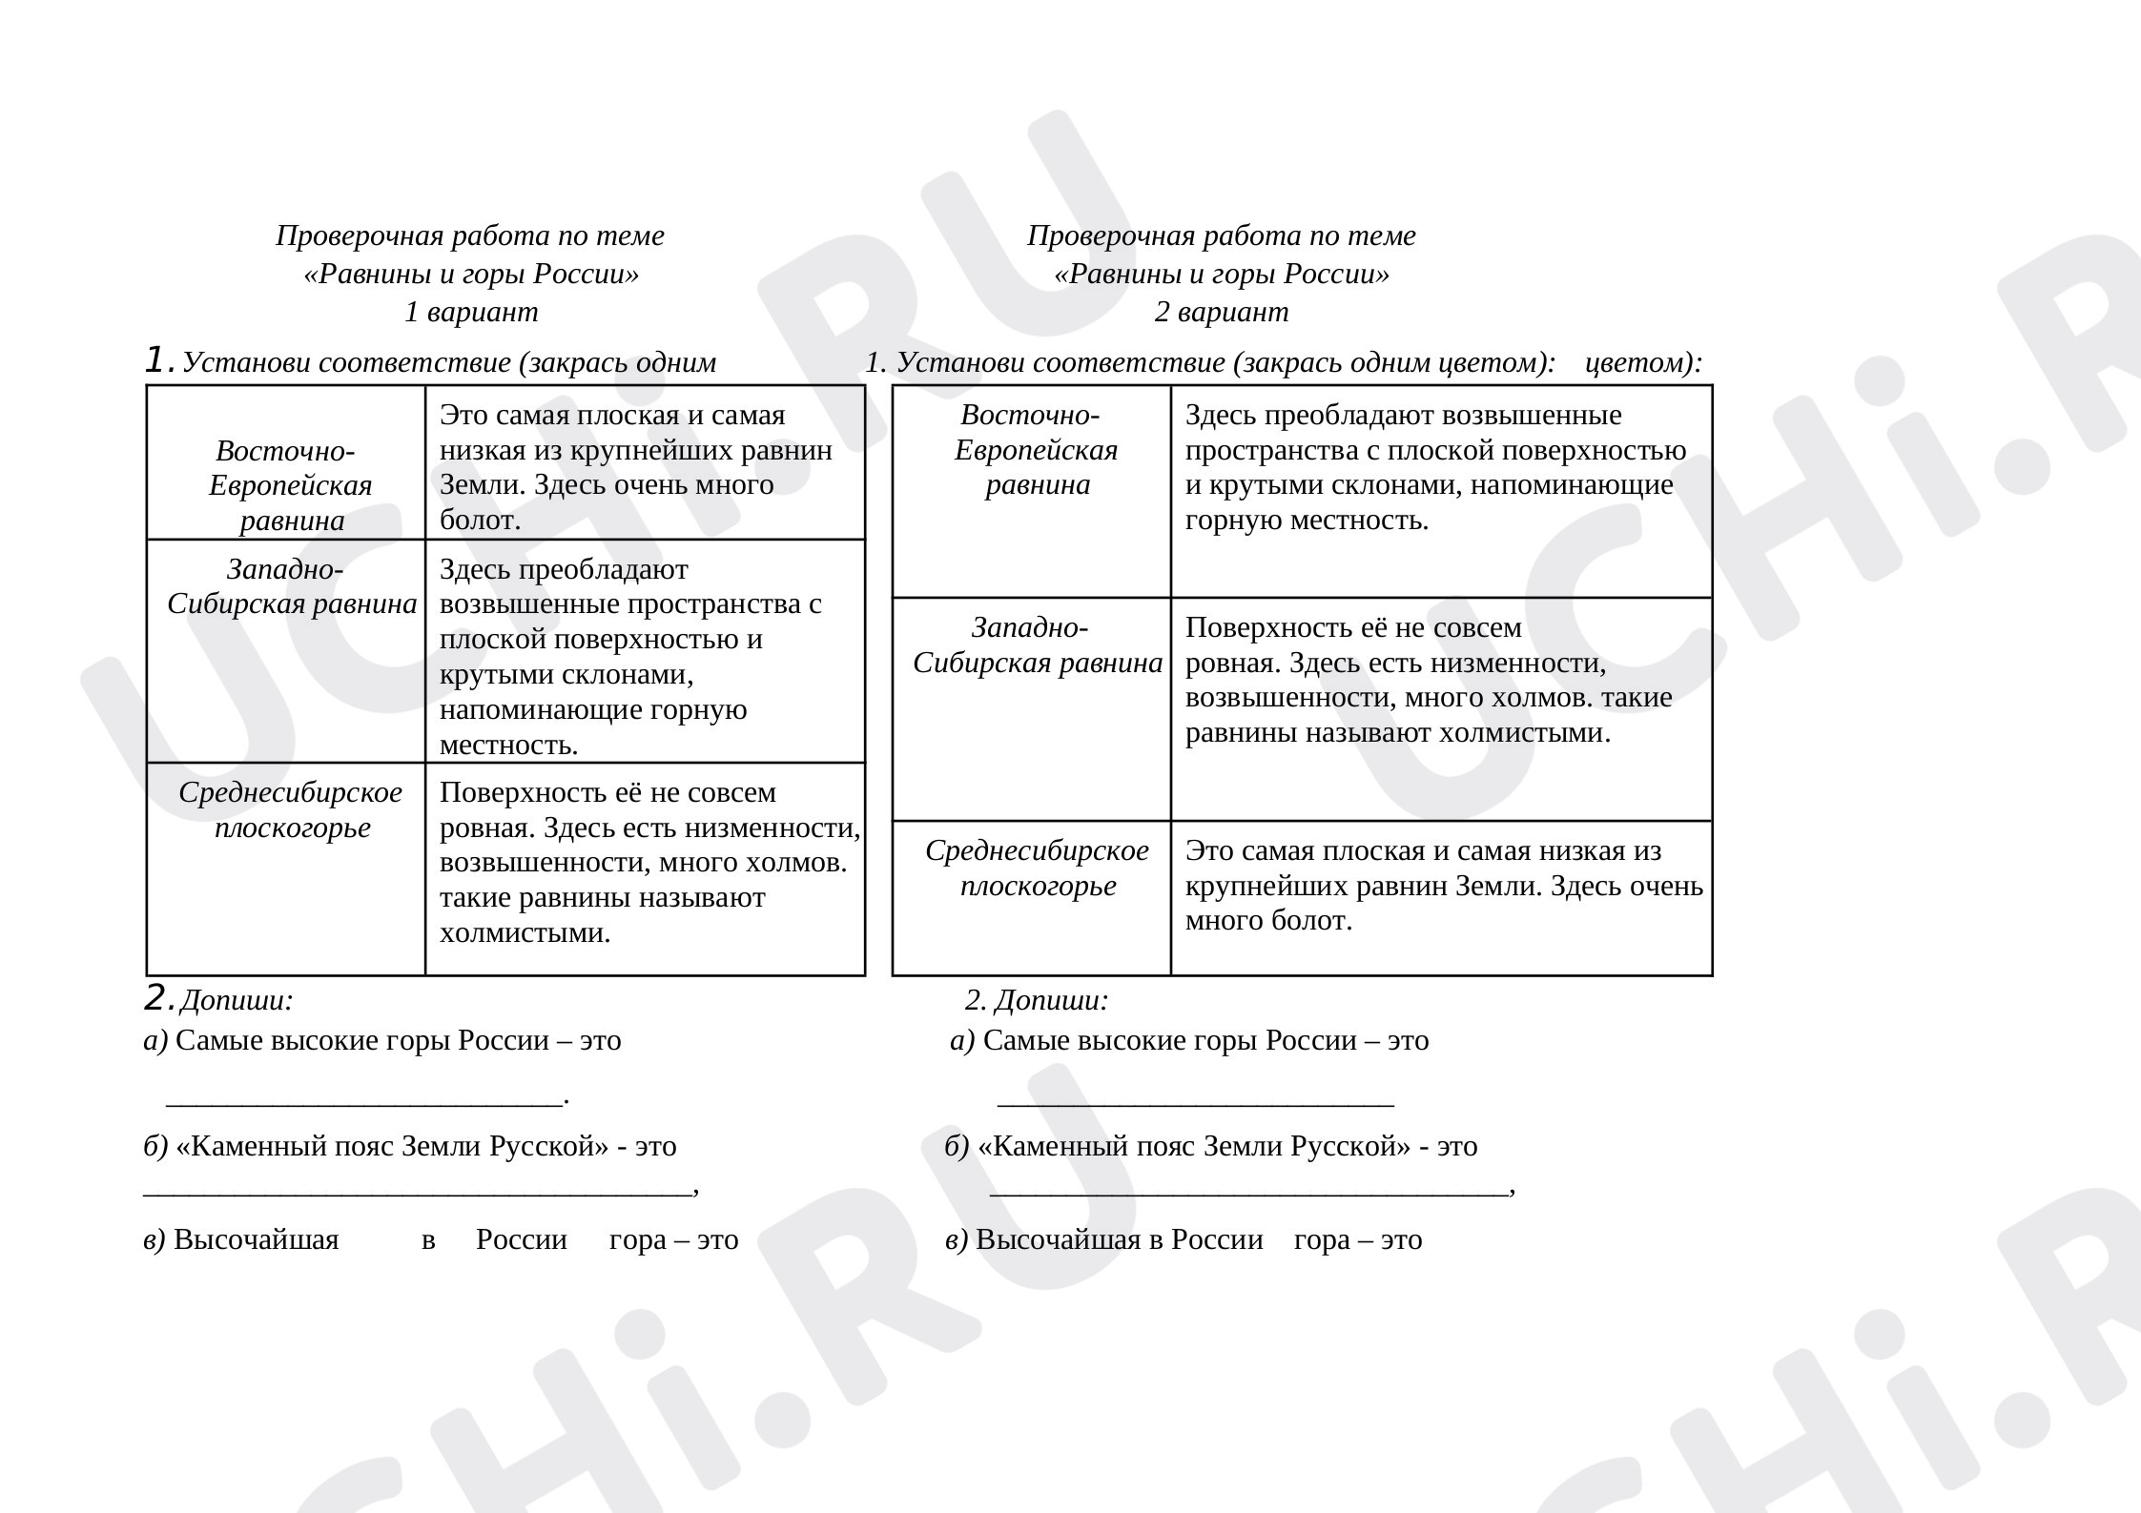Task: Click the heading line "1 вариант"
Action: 471,313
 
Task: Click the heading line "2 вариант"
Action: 1221,313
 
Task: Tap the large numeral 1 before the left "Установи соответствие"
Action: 157,361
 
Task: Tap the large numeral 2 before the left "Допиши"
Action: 157,998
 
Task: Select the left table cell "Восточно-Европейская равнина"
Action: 290,485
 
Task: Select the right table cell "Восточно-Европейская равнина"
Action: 1036,450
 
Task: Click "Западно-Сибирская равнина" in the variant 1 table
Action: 291,587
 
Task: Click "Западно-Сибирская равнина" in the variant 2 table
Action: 1037,645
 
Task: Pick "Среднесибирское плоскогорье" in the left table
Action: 291,810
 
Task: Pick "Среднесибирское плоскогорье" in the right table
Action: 1038,869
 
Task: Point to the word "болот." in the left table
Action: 481,521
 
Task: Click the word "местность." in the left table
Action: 508,745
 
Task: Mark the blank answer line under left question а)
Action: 365,1098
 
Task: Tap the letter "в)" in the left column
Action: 154,1240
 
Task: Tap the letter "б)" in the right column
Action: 957,1147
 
